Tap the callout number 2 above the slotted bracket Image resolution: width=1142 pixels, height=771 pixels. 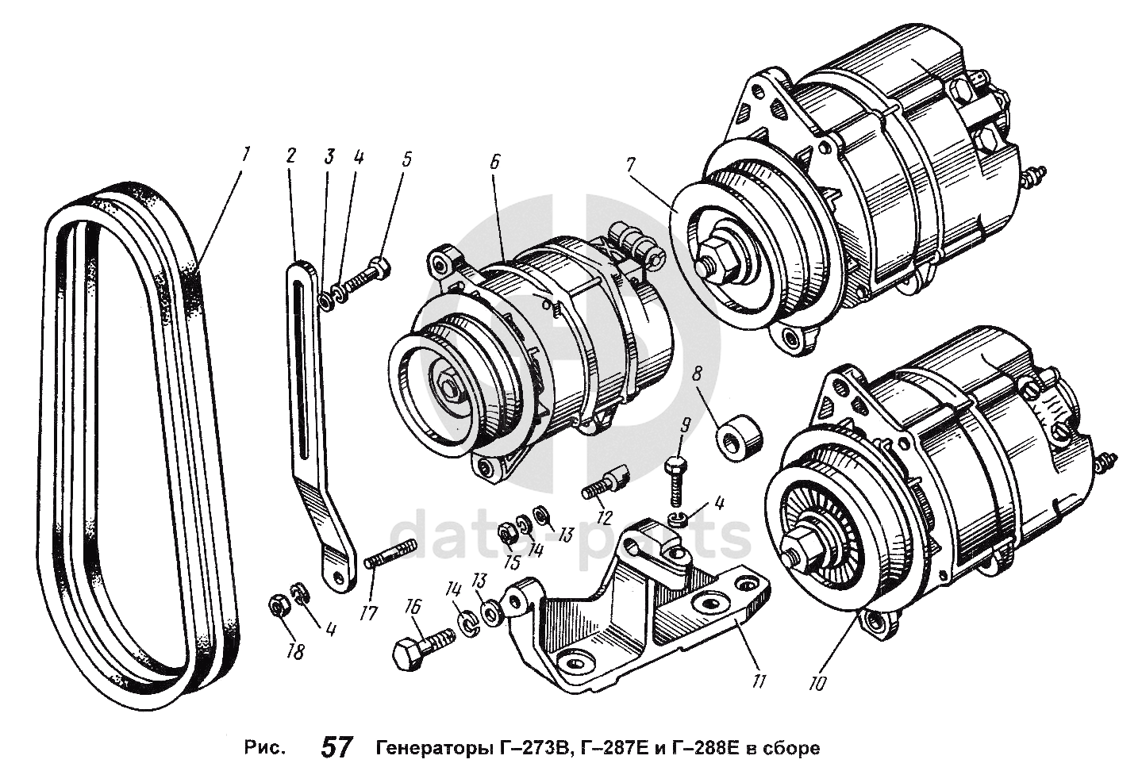click(292, 155)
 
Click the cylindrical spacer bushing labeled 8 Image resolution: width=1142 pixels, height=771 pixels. click(740, 435)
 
